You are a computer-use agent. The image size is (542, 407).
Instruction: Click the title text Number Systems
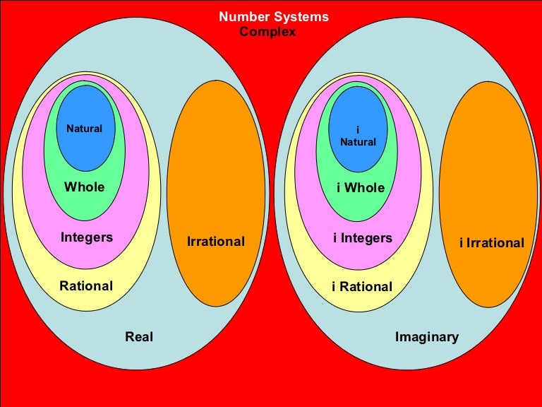coord(274,17)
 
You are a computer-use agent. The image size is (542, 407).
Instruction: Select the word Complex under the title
coord(267,32)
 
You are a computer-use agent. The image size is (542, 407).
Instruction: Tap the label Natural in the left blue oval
coord(84,129)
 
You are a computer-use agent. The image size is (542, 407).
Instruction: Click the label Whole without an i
coord(84,187)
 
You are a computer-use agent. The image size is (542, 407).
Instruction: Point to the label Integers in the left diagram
coord(87,237)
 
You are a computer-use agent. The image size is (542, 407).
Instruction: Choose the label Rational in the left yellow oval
coord(86,286)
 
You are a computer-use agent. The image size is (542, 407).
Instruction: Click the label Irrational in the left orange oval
coord(215,242)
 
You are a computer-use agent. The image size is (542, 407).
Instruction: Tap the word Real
coord(139,337)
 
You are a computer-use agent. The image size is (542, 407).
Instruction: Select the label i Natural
coord(358,136)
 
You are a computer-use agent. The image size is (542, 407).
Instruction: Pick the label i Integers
coord(362,238)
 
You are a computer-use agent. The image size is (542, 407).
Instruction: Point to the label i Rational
coord(361,287)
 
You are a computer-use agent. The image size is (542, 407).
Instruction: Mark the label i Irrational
coord(491,243)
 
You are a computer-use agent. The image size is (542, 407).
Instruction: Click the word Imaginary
coord(426,337)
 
